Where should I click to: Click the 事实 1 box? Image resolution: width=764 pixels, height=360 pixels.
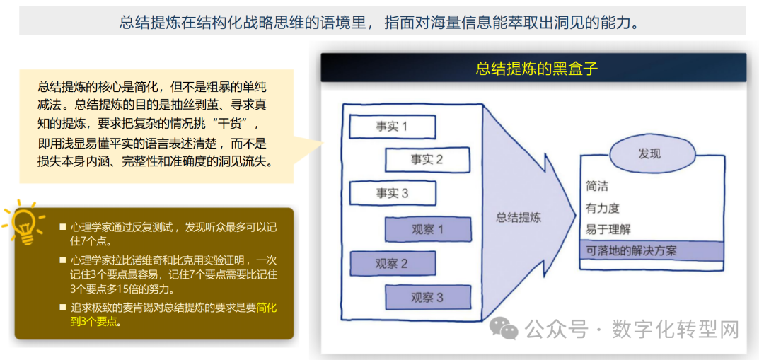tap(392, 127)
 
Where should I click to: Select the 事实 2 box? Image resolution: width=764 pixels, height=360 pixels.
tap(427, 160)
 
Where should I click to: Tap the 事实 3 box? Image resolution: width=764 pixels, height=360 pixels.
tap(392, 193)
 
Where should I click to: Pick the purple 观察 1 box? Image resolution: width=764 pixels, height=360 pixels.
tap(427, 229)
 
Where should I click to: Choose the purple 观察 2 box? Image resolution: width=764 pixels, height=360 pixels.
tap(392, 264)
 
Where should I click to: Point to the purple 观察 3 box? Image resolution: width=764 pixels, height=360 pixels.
tap(427, 298)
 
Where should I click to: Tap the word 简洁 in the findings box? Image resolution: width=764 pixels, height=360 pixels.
tap(597, 187)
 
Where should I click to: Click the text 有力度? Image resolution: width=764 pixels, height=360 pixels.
tap(603, 209)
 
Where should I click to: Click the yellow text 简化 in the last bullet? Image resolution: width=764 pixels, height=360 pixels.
tap(267, 308)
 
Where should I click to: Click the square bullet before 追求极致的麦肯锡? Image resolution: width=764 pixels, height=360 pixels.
tap(63, 308)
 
